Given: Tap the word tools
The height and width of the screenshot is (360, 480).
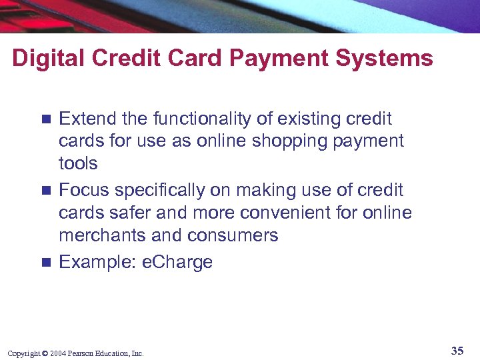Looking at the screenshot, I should (78, 163).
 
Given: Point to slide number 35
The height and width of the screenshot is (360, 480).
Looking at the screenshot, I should (457, 351).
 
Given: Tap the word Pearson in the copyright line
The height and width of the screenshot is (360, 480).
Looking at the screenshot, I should (80, 353).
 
